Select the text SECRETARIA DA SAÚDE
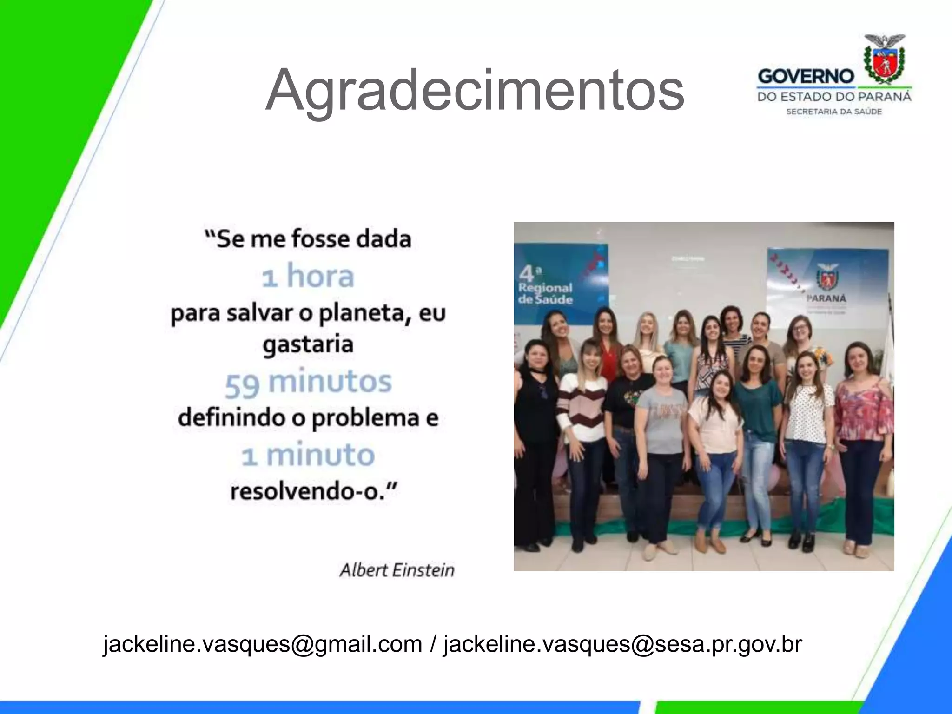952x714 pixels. pyautogui.click(x=834, y=112)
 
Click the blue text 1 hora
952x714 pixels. pyautogui.click(x=308, y=276)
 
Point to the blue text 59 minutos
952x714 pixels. pyautogui.click(x=308, y=383)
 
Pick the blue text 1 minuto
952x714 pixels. pyautogui.click(x=308, y=456)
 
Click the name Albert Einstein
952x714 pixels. pyautogui.click(x=397, y=570)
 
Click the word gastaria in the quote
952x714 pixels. pyautogui.click(x=308, y=345)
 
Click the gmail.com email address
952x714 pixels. pyautogui.click(x=263, y=644)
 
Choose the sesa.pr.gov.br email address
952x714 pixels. pyautogui.click(x=623, y=644)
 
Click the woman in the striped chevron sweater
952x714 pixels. pyautogui.click(x=582, y=409)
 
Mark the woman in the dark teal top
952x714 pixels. pyautogui.click(x=758, y=409)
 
